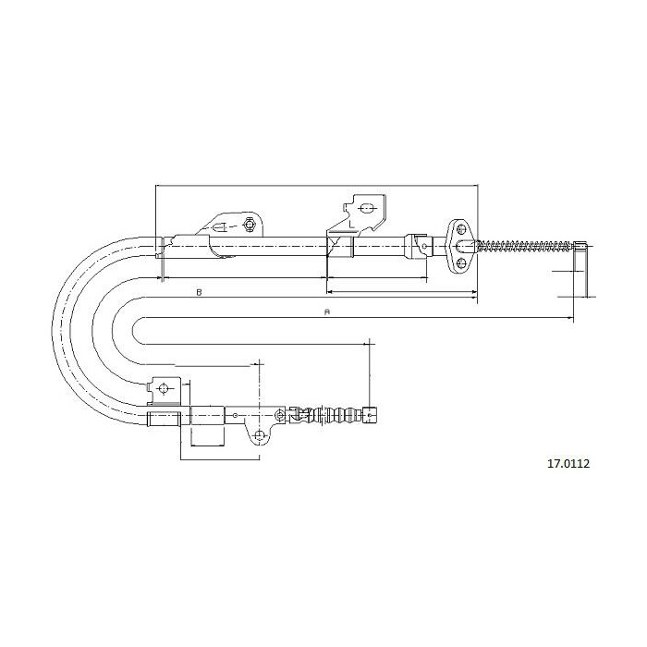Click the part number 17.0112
568,464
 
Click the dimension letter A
327,312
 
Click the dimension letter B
199,292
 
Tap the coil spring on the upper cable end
525,246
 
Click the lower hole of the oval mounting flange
461,262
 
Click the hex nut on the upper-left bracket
249,225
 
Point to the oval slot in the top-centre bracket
366,208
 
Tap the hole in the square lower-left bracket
164,388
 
